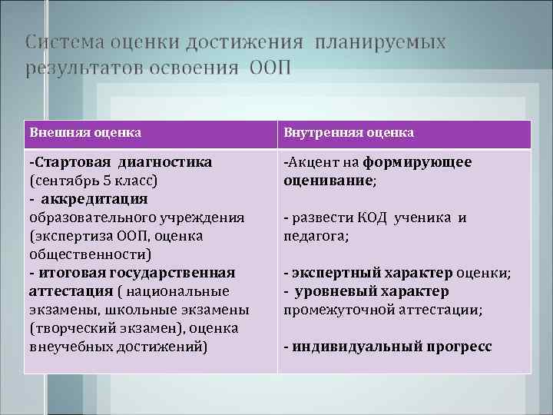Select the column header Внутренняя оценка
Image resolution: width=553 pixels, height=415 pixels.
pyautogui.click(x=349, y=132)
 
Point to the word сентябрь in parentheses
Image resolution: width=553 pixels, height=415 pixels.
pyautogui.click(x=68, y=181)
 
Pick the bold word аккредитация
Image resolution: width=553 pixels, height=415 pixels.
pyautogui.click(x=92, y=199)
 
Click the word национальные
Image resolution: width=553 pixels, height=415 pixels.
pyautogui.click(x=179, y=291)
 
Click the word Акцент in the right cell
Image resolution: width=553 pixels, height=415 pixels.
pyautogui.click(x=311, y=162)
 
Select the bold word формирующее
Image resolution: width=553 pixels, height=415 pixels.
pyautogui.click(x=417, y=162)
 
